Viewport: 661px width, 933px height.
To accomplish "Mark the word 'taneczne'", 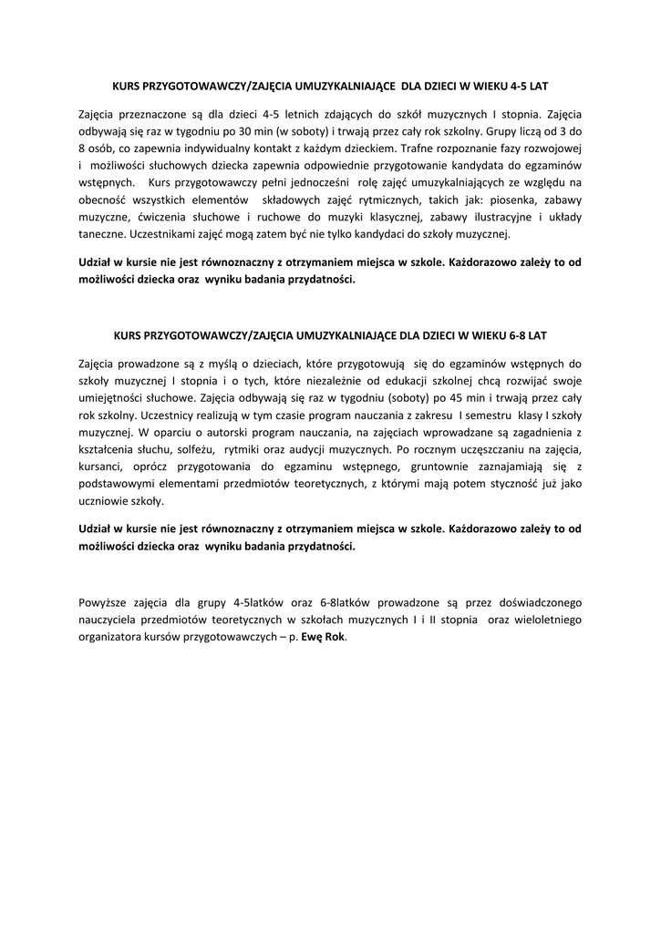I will point(101,234).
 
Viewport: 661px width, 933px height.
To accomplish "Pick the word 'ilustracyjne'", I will point(496,217).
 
